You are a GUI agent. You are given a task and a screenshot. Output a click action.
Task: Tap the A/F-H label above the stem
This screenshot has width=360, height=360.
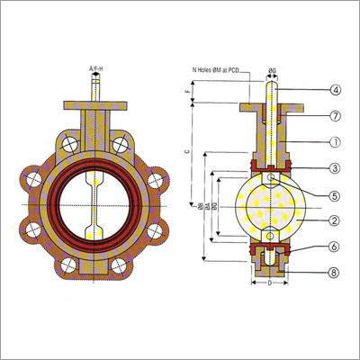click(x=95, y=67)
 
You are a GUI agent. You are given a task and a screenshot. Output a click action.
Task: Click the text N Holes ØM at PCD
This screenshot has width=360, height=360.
click(x=220, y=69)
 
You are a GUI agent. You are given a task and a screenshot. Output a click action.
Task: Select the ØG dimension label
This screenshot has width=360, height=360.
click(x=272, y=69)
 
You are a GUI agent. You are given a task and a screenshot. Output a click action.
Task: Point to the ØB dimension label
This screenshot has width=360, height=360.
click(x=200, y=207)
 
